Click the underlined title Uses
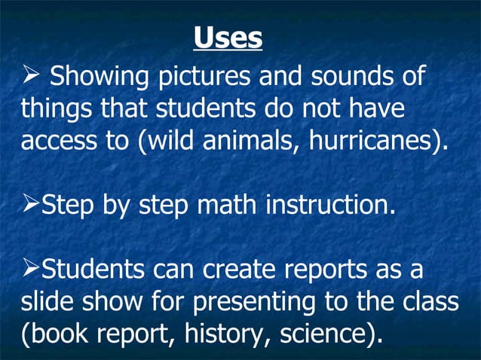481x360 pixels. coord(228,38)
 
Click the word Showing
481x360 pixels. coord(97,78)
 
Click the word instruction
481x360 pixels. coord(329,204)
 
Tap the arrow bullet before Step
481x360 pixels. coord(30,204)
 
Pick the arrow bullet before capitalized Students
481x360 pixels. coord(30,267)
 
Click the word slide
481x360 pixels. coord(48,299)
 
